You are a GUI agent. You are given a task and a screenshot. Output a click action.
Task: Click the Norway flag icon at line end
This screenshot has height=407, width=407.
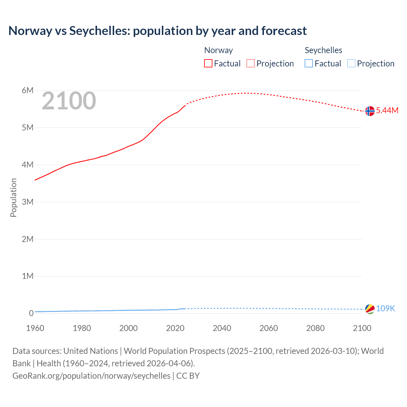(370, 111)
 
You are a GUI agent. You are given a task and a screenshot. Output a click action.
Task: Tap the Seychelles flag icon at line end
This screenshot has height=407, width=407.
(370, 309)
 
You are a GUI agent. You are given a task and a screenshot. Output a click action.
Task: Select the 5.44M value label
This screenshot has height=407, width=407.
(387, 110)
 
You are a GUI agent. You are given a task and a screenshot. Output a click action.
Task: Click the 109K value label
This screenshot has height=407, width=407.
(385, 308)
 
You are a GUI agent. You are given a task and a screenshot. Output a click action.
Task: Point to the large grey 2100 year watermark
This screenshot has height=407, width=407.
(69, 101)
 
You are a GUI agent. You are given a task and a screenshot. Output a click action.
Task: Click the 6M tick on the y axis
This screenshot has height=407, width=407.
(28, 91)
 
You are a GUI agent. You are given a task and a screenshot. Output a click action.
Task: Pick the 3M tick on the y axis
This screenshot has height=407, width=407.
(28, 202)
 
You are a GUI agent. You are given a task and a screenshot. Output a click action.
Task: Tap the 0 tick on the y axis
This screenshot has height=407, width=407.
(31, 313)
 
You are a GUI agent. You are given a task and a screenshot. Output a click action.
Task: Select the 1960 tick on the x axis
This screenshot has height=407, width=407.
(35, 328)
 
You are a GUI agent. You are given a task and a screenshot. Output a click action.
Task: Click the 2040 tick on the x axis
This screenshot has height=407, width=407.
(222, 328)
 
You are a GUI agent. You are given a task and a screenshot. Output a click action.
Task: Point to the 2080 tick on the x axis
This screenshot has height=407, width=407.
(315, 328)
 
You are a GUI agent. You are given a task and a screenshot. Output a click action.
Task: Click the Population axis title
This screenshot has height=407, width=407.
(13, 197)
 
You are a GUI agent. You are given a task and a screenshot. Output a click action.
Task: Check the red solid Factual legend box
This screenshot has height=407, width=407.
(208, 64)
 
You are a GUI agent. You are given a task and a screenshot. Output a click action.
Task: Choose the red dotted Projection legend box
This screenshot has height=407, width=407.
(251, 64)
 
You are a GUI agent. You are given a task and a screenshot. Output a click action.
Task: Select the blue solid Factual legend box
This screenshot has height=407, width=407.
(309, 64)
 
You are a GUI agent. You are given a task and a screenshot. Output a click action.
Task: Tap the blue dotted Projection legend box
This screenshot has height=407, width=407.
(351, 64)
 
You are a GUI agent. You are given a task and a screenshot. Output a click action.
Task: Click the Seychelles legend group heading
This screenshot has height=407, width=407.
(323, 50)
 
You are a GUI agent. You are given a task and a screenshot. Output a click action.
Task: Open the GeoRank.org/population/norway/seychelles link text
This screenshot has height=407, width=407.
(91, 376)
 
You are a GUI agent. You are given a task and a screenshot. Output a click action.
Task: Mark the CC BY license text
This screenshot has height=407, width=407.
(188, 376)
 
